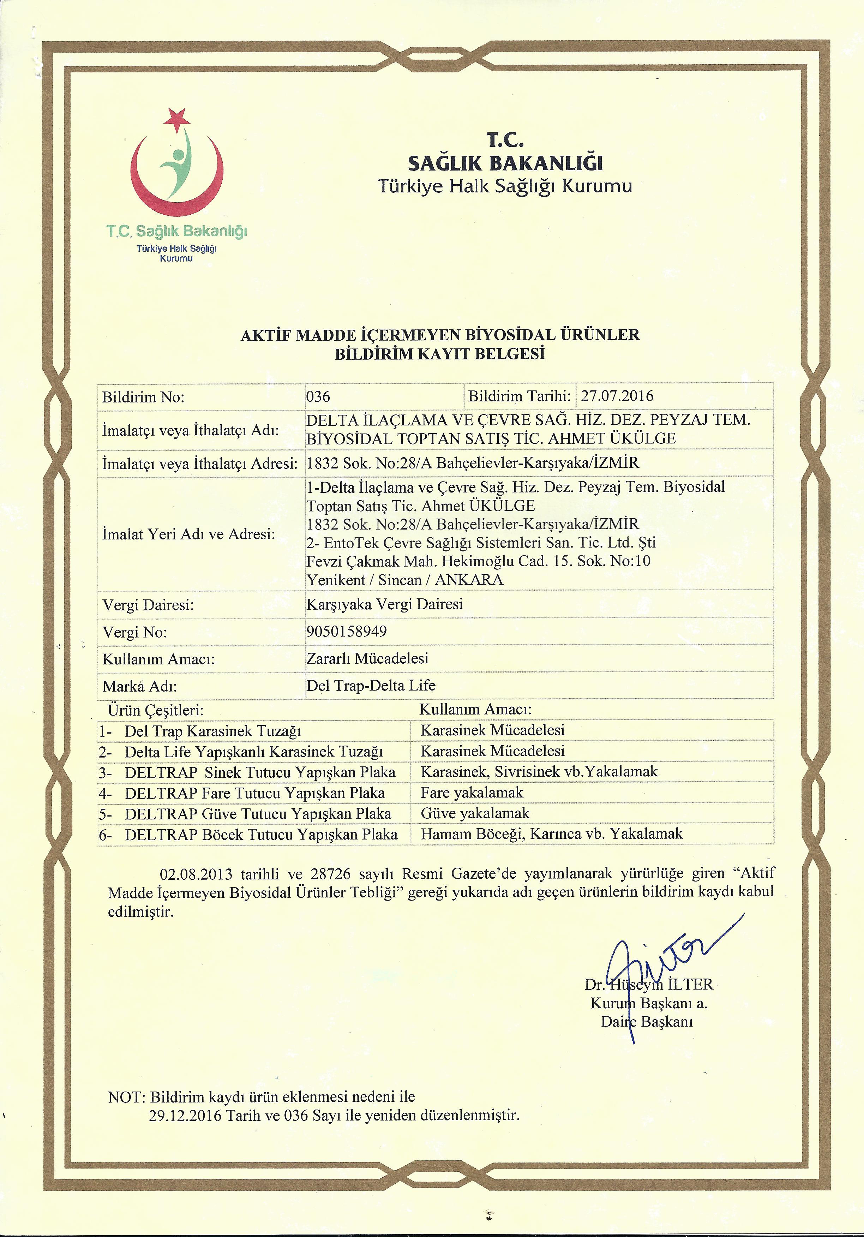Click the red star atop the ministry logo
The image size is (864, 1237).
click(178, 119)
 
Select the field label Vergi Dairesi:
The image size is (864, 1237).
click(148, 605)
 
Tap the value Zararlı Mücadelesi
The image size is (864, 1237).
click(367, 658)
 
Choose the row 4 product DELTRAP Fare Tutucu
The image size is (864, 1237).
click(255, 793)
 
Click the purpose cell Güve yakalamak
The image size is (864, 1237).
click(475, 813)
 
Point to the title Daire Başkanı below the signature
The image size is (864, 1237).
click(646, 1022)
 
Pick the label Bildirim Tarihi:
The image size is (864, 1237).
click(519, 396)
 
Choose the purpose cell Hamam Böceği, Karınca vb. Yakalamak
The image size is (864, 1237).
click(552, 834)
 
